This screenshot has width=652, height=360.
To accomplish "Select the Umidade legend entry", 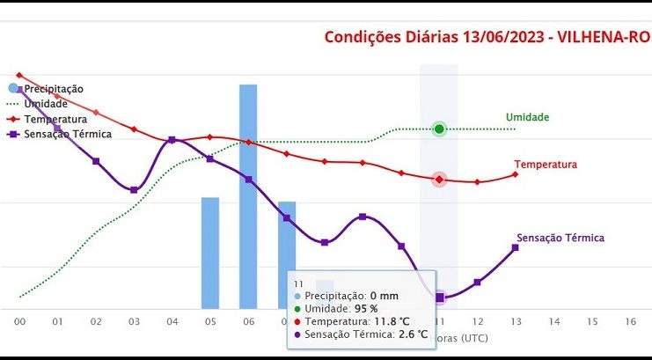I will coord(46,104).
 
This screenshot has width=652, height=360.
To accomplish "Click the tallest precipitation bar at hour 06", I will coord(248,194).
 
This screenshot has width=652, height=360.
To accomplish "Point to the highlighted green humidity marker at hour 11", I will coord(439,129).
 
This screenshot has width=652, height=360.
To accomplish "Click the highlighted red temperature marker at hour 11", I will coord(439,180).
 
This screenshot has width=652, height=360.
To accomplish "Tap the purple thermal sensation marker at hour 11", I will coord(439,298).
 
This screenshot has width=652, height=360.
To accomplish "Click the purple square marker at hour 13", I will coord(515,247).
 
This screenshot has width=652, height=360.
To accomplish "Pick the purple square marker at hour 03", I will coord(134,190).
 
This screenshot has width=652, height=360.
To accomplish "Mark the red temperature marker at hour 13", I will coord(515,174).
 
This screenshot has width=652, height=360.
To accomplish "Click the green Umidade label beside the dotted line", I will coord(527,117).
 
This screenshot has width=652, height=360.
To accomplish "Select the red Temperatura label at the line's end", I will coord(546,165).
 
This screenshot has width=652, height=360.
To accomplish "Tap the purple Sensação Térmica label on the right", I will coord(560,238).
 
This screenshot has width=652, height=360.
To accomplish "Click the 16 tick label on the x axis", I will coord(630,322).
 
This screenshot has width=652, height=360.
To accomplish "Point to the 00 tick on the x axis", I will coord(19,322).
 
